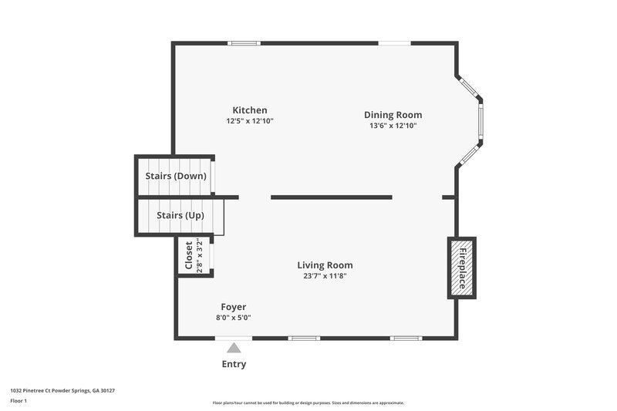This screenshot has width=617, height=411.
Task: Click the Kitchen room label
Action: (250, 110)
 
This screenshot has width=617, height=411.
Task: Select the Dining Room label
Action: (393, 115)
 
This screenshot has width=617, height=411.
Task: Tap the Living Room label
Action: (325, 265)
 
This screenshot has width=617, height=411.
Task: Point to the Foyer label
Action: (233, 307)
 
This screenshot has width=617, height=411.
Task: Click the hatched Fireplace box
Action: (463, 268)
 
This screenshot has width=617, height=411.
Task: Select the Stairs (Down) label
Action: (176, 176)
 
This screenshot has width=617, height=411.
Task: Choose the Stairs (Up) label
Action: (180, 215)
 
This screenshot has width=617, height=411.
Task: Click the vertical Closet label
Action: (188, 255)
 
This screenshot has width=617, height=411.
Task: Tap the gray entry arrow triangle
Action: (234, 348)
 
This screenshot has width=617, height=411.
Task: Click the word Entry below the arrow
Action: (234, 364)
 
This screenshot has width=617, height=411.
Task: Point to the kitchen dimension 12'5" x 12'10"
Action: (250, 121)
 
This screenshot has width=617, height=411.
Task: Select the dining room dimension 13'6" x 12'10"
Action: (393, 126)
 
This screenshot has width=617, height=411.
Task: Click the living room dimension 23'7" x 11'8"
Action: (325, 276)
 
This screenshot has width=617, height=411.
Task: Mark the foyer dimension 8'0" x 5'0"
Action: (233, 317)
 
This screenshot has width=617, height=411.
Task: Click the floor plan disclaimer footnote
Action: (308, 403)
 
